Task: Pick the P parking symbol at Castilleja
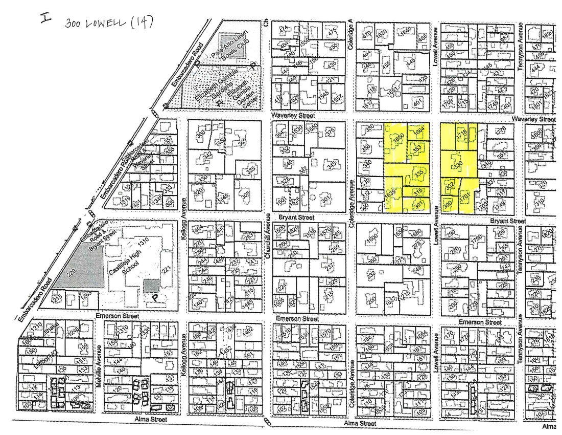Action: (153, 297)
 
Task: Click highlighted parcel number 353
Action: (416, 149)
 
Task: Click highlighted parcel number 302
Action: (450, 186)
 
